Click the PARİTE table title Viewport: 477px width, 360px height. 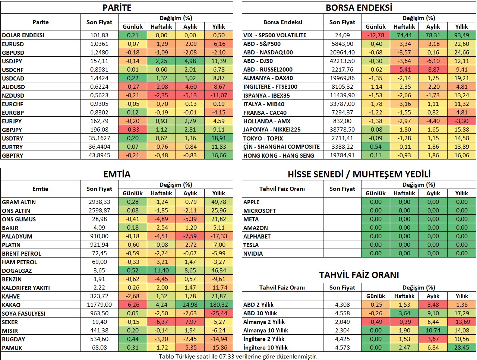coord(117,8)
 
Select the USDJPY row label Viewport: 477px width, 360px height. coord(12,61)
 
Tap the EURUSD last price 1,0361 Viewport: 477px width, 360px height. coord(99,44)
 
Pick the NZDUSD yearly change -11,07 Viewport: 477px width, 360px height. coord(219,95)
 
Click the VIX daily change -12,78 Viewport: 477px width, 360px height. coord(375,35)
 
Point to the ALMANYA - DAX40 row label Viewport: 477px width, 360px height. coord(268,78)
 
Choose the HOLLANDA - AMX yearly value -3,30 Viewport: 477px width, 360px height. coord(462,121)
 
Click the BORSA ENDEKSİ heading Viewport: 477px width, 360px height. coord(359,8)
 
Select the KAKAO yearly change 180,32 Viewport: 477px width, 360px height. coord(219,304)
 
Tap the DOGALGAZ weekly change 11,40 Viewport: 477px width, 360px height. coord(161,271)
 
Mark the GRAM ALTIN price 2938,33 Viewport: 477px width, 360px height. coord(99,202)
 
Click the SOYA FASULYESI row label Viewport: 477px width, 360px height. coord(24,313)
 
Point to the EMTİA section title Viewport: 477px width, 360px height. coord(117,174)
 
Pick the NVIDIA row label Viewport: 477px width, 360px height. coord(253,253)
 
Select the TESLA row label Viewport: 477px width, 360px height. coord(251,245)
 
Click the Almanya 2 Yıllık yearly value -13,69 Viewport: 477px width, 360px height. coord(462,322)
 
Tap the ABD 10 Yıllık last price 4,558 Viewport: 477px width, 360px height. coord(342,313)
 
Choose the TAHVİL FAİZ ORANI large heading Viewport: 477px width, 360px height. coord(359,275)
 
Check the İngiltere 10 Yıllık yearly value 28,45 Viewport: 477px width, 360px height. coord(462,347)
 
